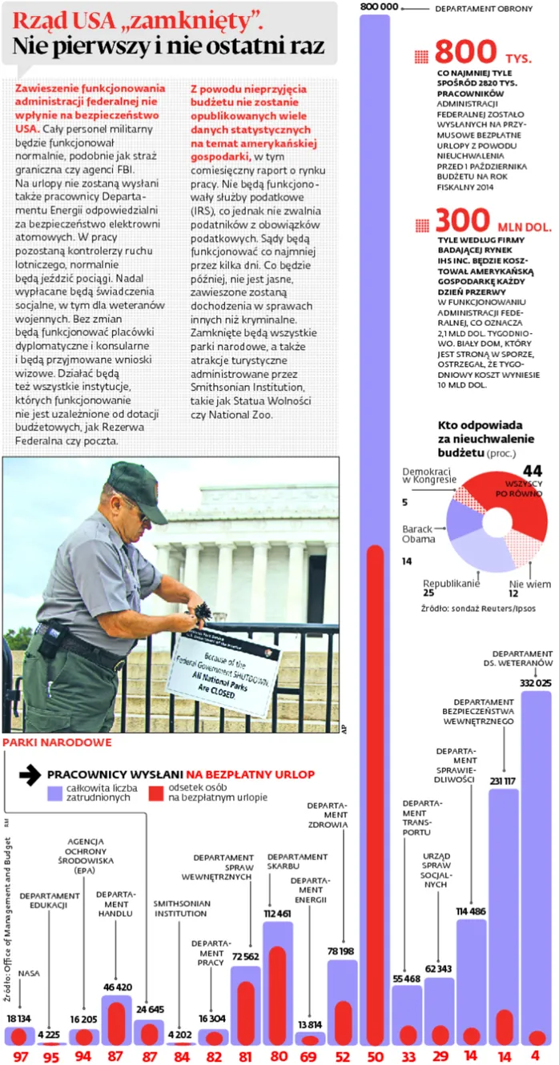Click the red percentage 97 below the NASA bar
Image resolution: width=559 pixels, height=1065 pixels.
[x=20, y=1056]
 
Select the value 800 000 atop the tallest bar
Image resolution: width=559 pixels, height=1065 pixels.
[x=379, y=7]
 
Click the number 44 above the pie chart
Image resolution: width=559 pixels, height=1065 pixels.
[x=533, y=471]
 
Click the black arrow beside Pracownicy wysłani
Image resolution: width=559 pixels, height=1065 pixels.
[x=30, y=774]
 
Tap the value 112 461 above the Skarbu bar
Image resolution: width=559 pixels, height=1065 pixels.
[x=278, y=914]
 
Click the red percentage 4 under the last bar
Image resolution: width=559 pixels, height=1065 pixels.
[x=535, y=1056]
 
